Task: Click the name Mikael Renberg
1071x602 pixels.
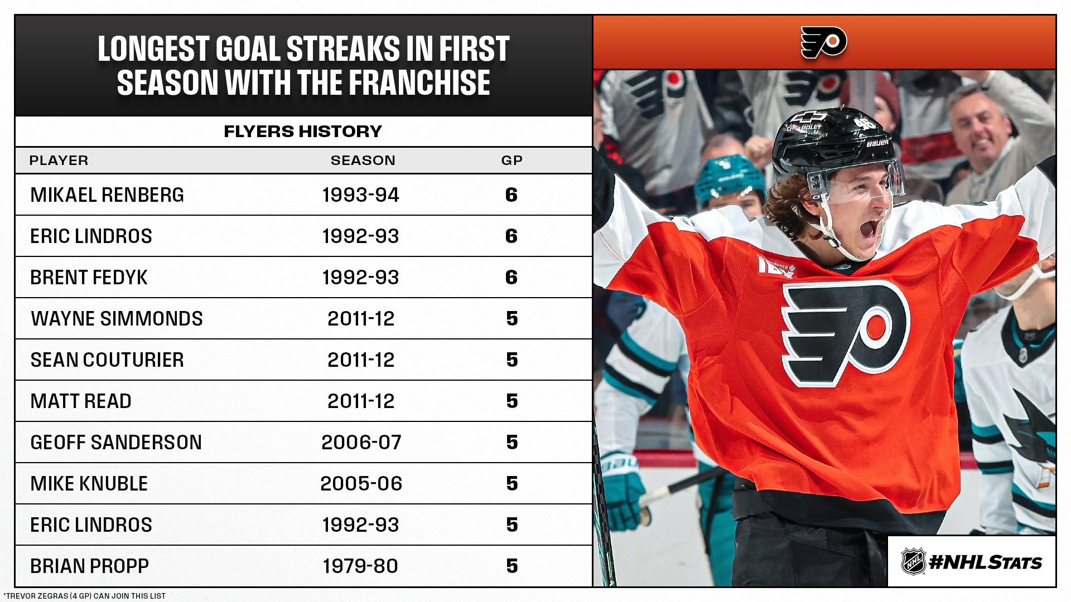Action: coord(107,195)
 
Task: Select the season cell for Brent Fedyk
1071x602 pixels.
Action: coord(360,278)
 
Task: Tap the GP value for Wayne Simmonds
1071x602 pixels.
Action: coord(512,319)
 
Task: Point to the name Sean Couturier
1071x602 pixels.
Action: coord(107,360)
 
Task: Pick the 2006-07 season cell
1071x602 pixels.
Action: coord(361,443)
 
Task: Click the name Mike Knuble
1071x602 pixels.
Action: coord(89,484)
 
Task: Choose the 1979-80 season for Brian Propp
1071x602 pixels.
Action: coord(360,566)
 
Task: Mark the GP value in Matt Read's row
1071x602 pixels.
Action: coord(512,401)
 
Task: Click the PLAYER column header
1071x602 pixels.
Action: coord(59,161)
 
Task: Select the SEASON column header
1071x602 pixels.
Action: coord(363,161)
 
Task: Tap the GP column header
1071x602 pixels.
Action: coord(512,161)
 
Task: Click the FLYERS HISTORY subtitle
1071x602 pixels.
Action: coord(303,132)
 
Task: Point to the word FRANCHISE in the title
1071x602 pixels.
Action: coord(419,83)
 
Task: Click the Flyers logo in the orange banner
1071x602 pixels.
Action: coord(824,42)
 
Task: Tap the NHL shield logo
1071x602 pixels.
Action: coord(913,561)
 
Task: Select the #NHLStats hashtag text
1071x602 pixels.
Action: coord(986,562)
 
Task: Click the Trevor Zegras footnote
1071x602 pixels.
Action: coord(85,596)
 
